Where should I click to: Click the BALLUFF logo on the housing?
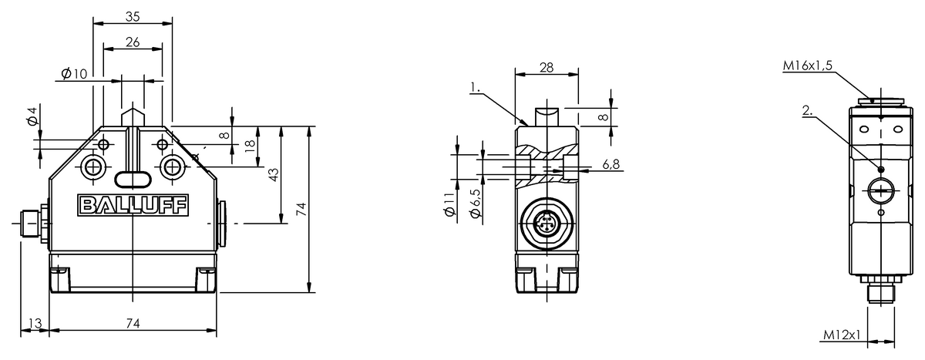(133, 205)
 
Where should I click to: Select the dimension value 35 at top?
(133, 16)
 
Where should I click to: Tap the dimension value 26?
(133, 42)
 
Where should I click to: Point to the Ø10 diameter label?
(74, 73)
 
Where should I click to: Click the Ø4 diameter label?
(32, 116)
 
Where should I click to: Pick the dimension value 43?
(274, 175)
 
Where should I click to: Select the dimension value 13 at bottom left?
(35, 323)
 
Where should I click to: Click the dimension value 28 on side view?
(547, 67)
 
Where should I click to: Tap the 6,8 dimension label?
(611, 164)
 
